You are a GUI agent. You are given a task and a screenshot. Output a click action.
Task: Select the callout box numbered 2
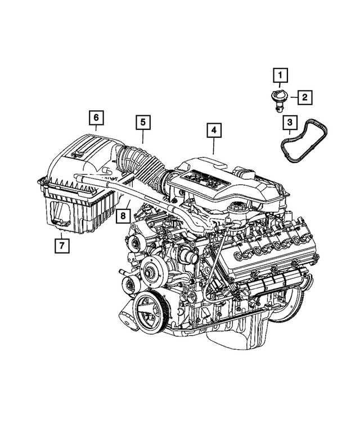click(x=304, y=97)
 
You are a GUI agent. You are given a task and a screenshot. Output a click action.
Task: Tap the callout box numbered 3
click(x=289, y=121)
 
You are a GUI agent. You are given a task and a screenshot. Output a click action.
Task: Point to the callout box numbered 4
click(x=213, y=131)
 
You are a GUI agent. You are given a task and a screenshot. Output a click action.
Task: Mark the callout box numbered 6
click(x=96, y=118)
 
